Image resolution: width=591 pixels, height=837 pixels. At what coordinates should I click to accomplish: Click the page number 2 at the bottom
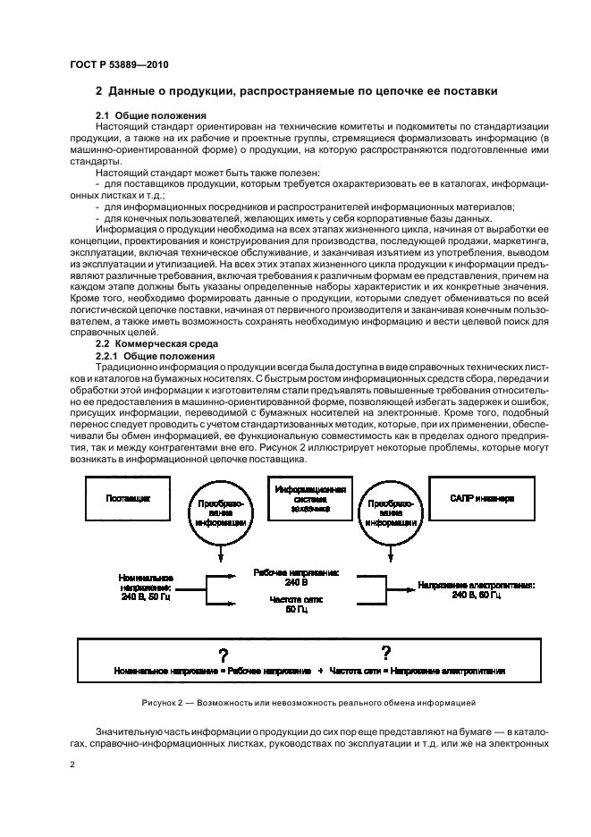(72, 765)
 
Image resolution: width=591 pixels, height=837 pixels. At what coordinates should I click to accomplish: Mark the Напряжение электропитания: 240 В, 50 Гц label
(476, 589)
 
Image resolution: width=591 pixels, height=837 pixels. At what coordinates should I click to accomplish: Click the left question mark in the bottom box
(224, 654)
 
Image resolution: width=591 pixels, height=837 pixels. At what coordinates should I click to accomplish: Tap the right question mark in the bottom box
(385, 652)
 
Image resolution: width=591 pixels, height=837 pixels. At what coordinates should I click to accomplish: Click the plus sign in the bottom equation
(319, 670)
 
